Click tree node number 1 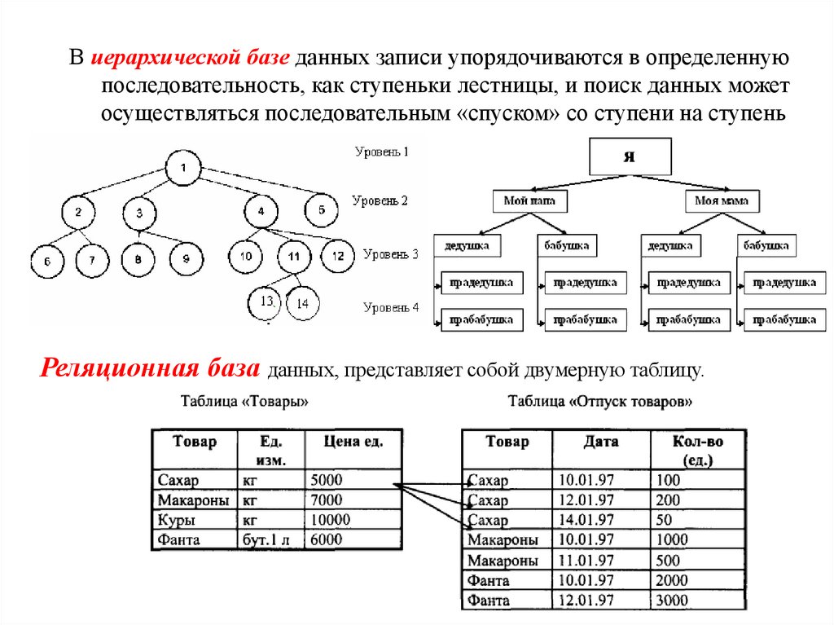(x=185, y=169)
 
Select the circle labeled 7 (x=93, y=260)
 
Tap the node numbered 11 (x=294, y=257)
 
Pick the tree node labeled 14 (x=303, y=303)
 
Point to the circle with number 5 (x=322, y=210)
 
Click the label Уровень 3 (x=391, y=253)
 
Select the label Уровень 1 (x=381, y=152)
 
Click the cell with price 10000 (x=353, y=520)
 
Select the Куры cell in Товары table (x=193, y=520)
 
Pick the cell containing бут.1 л (x=270, y=539)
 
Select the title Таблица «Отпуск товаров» (x=600, y=401)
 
